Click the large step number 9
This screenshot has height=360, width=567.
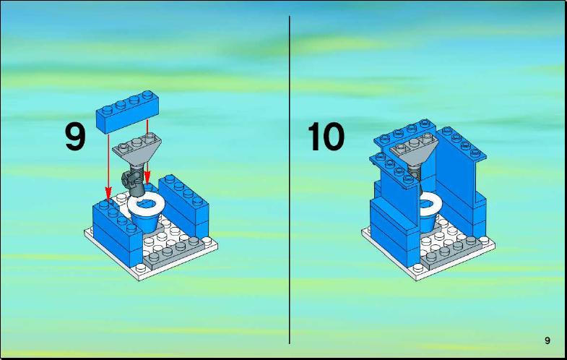click(x=75, y=137)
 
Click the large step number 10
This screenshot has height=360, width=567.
click(x=326, y=137)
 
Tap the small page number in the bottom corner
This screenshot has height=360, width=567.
click(x=547, y=340)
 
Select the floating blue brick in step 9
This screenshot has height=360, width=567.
click(x=127, y=111)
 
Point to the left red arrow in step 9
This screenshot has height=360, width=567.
click(x=108, y=166)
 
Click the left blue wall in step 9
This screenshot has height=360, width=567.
click(x=116, y=231)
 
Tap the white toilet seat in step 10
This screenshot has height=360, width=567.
click(x=430, y=205)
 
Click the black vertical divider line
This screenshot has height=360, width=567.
click(x=290, y=180)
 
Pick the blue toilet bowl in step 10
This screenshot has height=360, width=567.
click(x=429, y=223)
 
